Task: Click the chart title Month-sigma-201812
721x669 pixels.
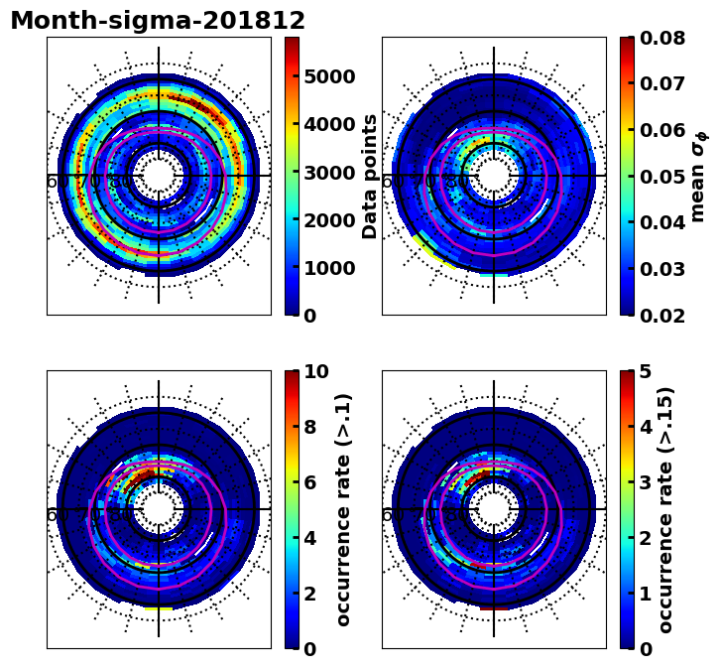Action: click(x=158, y=21)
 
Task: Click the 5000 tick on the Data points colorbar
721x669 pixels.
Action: click(x=329, y=76)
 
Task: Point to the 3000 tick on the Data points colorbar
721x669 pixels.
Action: click(x=329, y=173)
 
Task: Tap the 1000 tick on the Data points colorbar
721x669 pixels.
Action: click(x=329, y=268)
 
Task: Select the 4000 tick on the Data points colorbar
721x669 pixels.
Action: click(x=329, y=124)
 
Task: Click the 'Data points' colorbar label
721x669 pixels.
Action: click(x=371, y=176)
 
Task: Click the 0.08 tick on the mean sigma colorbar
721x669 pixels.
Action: click(x=663, y=38)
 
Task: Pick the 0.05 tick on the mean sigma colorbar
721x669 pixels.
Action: click(x=663, y=177)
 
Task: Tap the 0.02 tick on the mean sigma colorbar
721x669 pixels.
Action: click(x=663, y=316)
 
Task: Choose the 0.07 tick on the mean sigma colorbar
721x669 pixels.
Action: click(x=663, y=84)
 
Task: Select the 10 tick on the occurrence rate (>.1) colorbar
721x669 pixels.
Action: click(x=316, y=371)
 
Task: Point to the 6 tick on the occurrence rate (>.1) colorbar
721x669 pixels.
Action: click(x=309, y=482)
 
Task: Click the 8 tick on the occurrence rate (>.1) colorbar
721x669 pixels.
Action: click(x=309, y=427)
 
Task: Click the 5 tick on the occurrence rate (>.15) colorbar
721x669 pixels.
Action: click(x=645, y=371)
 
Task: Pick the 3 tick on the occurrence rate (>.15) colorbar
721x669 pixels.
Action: click(x=645, y=482)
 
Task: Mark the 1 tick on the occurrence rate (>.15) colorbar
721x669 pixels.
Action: click(x=645, y=594)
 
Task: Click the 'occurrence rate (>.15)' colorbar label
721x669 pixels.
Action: click(x=666, y=509)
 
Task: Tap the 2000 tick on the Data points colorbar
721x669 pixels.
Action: click(x=329, y=220)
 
